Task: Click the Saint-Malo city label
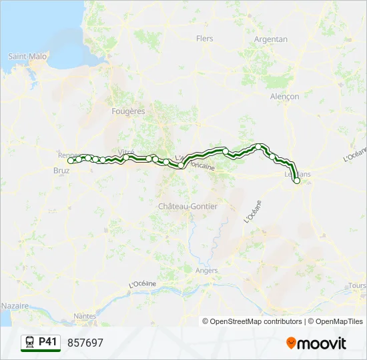point(27,57)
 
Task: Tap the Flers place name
point(204,39)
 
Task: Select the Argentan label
point(271,39)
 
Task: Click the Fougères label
point(129,111)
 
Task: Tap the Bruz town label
point(61,170)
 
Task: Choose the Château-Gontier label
point(188,207)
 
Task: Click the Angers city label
point(207,271)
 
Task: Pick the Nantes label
point(85,316)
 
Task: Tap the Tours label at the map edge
point(357,286)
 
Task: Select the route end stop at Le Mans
point(297,180)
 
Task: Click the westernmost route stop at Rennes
point(71,161)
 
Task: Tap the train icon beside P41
point(29,343)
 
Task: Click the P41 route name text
point(47,342)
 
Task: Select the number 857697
point(85,343)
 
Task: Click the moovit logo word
point(322,343)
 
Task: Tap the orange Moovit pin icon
point(291,343)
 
